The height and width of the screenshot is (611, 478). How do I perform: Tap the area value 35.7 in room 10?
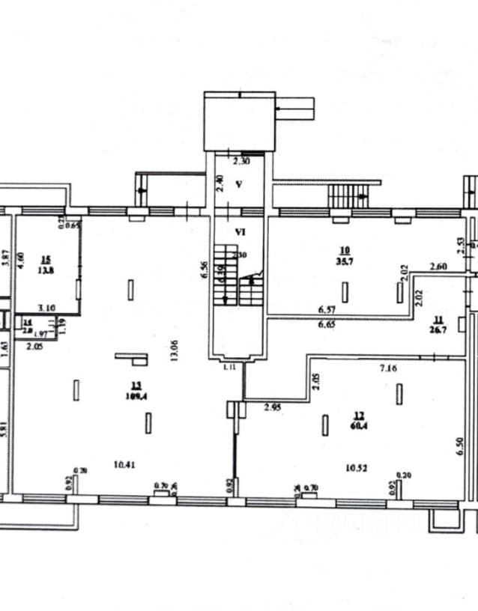pyautogui.click(x=345, y=261)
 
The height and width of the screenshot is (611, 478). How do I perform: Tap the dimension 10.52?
pyautogui.click(x=356, y=469)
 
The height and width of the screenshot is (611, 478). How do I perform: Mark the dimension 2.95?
pyautogui.click(x=271, y=408)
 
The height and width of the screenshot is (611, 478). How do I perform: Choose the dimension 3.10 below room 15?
pyautogui.click(x=47, y=308)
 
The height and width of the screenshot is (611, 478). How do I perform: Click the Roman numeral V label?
pyautogui.click(x=238, y=184)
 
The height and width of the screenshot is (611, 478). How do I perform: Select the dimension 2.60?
pyautogui.click(x=438, y=267)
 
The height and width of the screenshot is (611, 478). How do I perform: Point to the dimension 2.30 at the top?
pyautogui.click(x=240, y=160)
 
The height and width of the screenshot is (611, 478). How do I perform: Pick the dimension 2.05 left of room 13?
pyautogui.click(x=34, y=347)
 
